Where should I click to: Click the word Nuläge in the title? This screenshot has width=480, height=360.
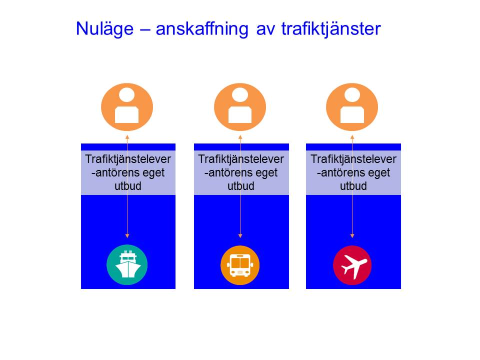[x=104, y=29]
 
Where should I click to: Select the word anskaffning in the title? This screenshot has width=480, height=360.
[x=201, y=29]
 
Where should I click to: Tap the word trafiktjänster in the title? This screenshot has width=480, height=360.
[x=331, y=29]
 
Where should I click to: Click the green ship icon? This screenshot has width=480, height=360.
[x=127, y=265]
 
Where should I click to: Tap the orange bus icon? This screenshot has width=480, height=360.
[x=240, y=265]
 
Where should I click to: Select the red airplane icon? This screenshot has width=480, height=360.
[x=352, y=265]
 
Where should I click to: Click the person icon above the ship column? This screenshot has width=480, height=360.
[x=127, y=107]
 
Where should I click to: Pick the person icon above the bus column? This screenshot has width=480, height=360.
[x=240, y=107]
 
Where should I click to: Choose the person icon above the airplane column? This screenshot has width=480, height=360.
[x=352, y=107]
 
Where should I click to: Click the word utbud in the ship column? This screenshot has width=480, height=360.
[x=128, y=186]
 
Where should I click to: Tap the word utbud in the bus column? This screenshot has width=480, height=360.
[x=241, y=186]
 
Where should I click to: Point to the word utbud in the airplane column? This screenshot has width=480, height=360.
[x=353, y=186]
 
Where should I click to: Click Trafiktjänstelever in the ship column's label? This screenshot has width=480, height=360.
[x=128, y=159]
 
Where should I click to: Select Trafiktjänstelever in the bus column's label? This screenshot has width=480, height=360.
[x=241, y=159]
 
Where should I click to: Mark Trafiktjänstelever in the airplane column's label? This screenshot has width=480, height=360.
[x=353, y=159]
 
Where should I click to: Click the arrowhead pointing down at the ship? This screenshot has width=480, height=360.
[x=127, y=236]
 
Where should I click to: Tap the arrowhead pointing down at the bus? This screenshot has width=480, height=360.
[x=240, y=236]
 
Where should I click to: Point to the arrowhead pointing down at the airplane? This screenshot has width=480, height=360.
[x=352, y=236]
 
